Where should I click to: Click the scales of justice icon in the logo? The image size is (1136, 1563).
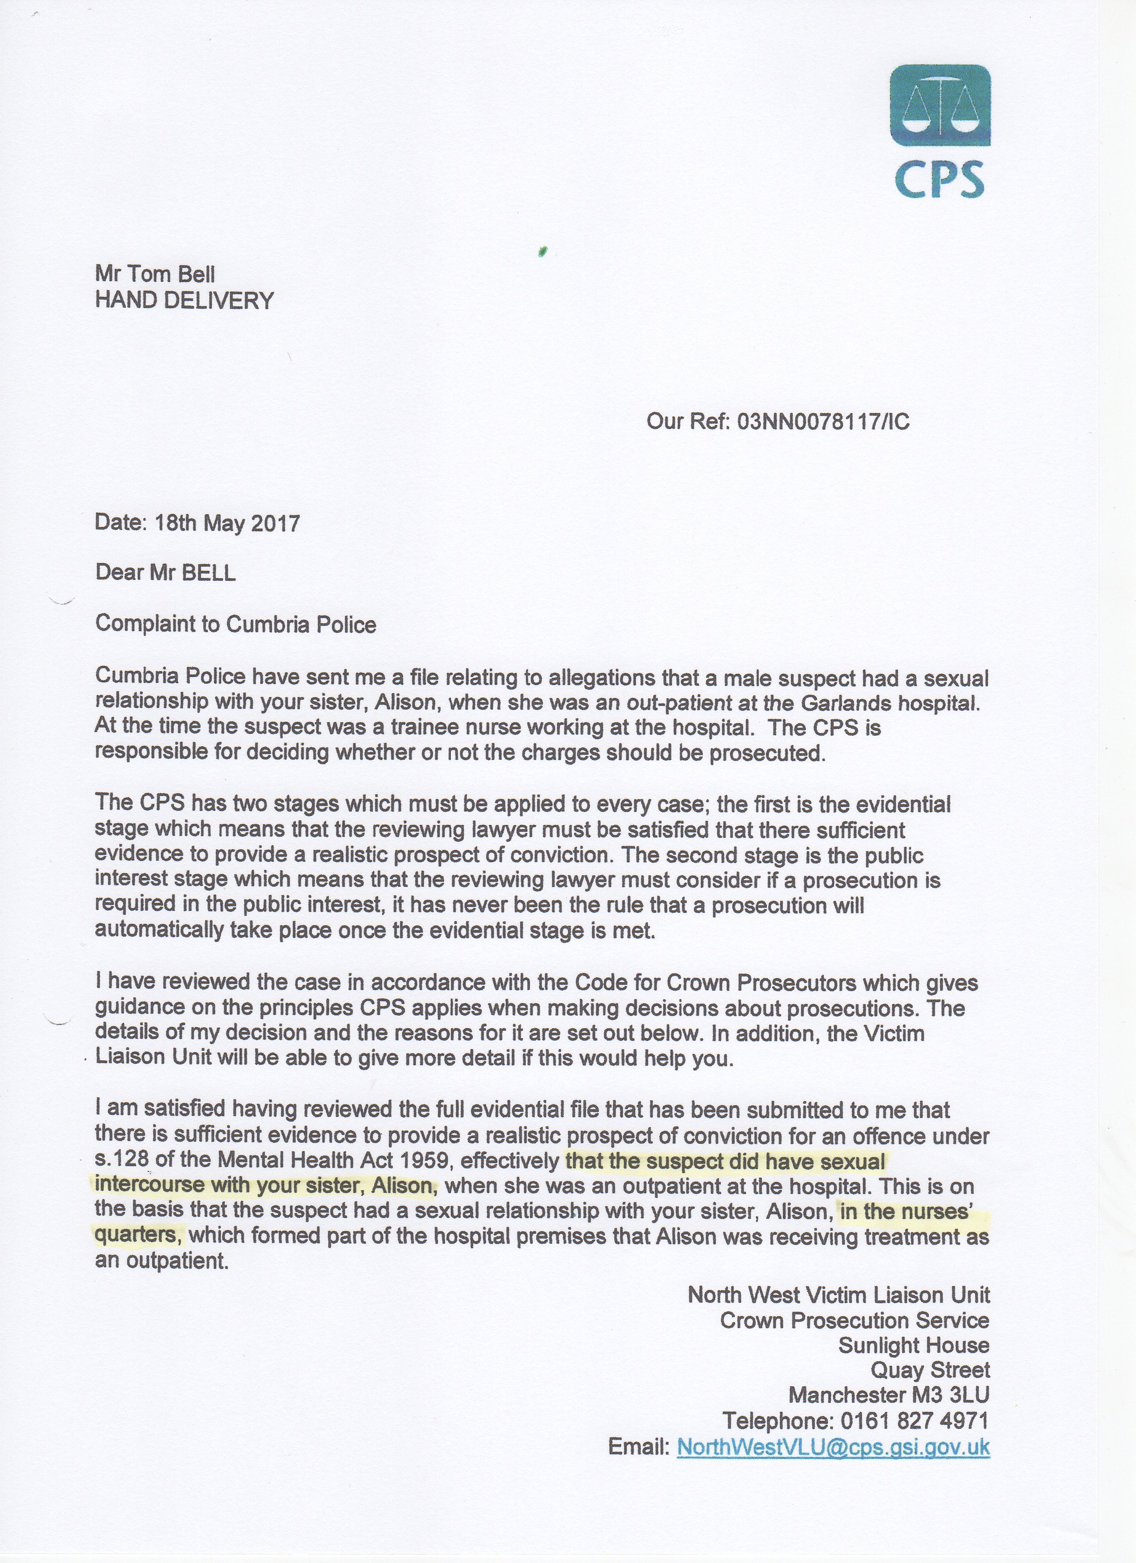pyautogui.click(x=940, y=104)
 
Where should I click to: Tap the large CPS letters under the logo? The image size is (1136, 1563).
pyautogui.click(x=940, y=178)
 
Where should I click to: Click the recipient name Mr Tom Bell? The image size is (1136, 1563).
pyautogui.click(x=155, y=274)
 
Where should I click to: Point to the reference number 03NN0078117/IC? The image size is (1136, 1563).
pyautogui.click(x=823, y=421)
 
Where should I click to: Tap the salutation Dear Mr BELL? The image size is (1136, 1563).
pyautogui.click(x=165, y=573)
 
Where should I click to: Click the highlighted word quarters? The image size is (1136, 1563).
pyautogui.click(x=137, y=1234)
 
